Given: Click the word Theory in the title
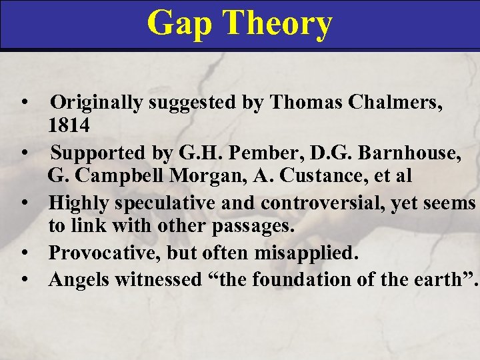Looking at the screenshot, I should tap(279, 23).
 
